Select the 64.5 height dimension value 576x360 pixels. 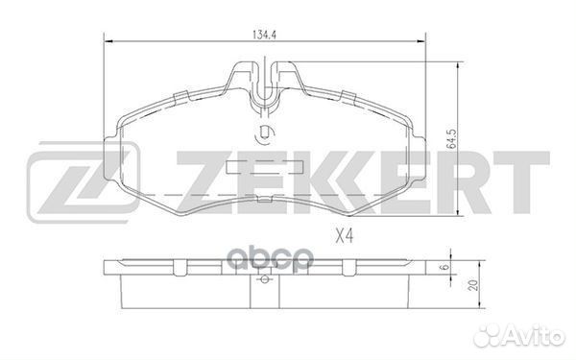(464, 127)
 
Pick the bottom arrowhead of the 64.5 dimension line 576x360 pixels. (452, 216)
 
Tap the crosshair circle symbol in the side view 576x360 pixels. (263, 281)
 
